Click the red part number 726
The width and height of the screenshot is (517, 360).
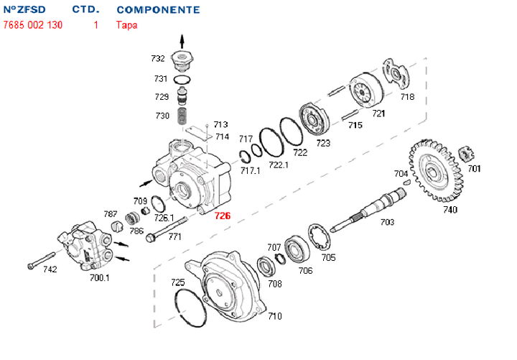(x=223, y=216)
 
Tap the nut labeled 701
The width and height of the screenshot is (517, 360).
(x=467, y=154)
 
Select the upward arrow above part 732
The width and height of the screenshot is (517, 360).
(x=182, y=39)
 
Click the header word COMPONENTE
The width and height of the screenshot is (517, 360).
(x=158, y=10)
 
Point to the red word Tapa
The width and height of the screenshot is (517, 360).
(x=126, y=24)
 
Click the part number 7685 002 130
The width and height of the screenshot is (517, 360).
(x=32, y=24)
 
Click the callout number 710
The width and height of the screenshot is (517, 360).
(x=274, y=315)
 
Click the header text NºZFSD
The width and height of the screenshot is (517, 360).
(x=24, y=10)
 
